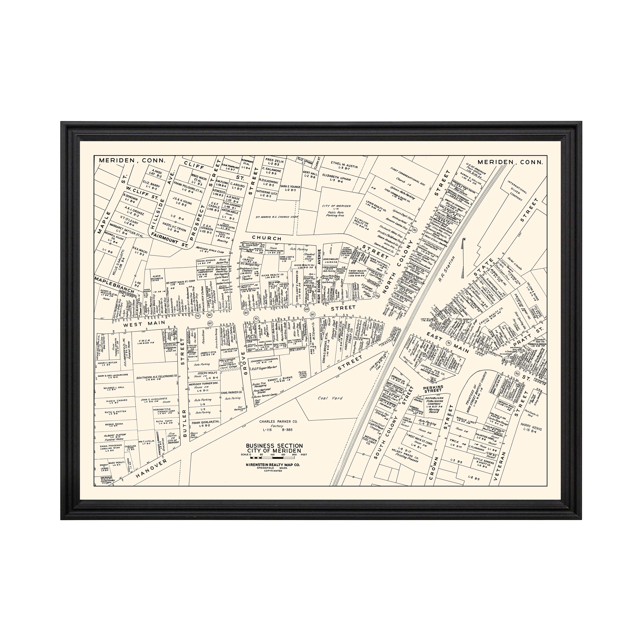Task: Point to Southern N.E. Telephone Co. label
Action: [x=157, y=378]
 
